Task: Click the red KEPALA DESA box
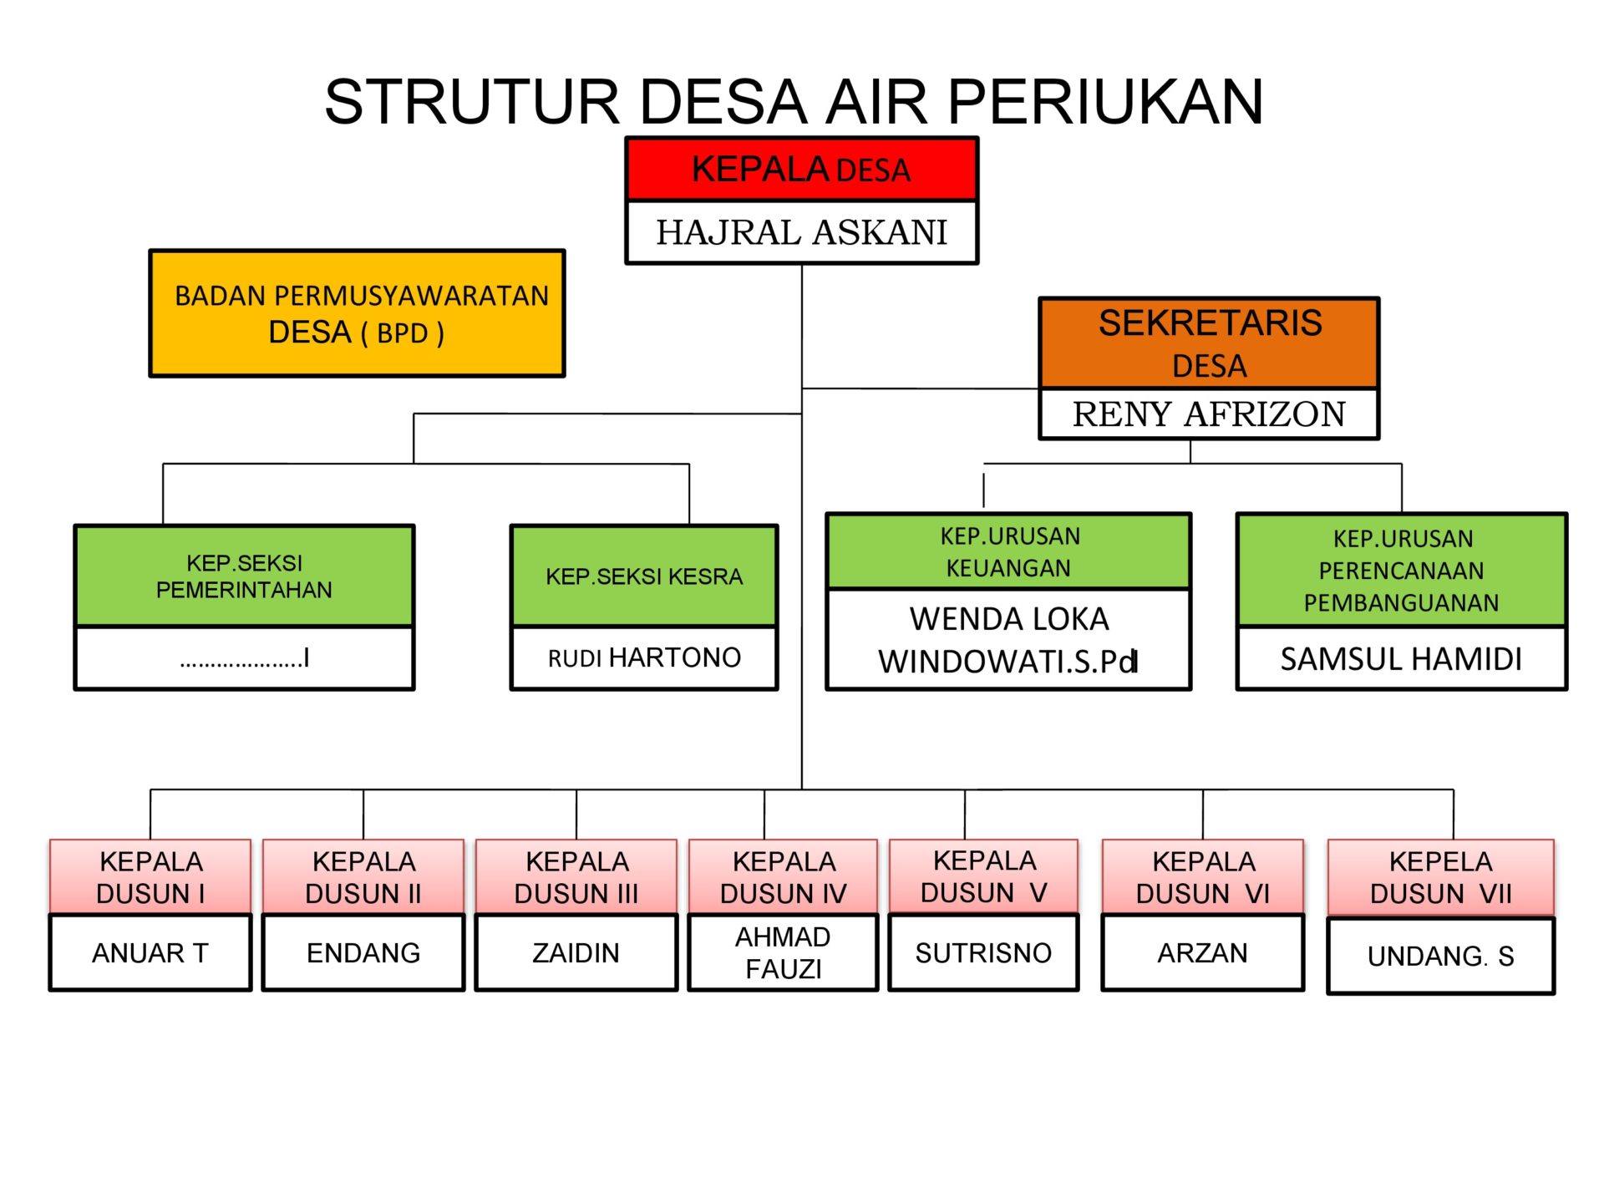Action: (801, 170)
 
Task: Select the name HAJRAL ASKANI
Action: (801, 232)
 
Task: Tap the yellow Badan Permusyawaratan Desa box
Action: (357, 313)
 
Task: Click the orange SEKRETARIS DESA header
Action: (1209, 343)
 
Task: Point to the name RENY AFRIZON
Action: (1209, 414)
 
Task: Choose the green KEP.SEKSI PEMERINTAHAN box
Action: (244, 576)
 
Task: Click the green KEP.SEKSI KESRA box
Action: (644, 576)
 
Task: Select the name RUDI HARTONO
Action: (644, 658)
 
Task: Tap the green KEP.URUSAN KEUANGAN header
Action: (1008, 551)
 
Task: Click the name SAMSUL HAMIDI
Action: (1401, 659)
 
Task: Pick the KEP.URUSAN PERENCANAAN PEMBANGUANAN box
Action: (1401, 571)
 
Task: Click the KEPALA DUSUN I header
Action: (150, 877)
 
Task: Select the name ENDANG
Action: (363, 953)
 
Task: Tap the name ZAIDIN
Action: (576, 953)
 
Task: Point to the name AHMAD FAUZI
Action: (783, 953)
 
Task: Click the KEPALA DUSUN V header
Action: (983, 876)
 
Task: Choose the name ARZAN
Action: (1202, 953)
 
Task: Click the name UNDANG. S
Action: (1440, 957)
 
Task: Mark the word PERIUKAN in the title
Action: (1104, 102)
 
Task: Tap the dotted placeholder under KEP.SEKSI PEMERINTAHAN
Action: (244, 659)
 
